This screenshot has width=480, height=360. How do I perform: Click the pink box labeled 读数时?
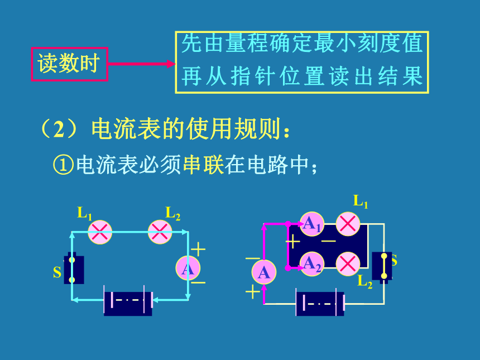pyautogui.click(x=70, y=64)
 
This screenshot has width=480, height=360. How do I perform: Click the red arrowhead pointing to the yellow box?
pyautogui.click(x=171, y=64)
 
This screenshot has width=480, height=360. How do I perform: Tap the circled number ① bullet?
pyautogui.click(x=64, y=165)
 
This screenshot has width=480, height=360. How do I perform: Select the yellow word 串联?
pyautogui.click(x=203, y=165)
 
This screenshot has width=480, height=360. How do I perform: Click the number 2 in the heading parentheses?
pyautogui.click(x=59, y=129)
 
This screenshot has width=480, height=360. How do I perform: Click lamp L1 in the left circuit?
pyautogui.click(x=100, y=232)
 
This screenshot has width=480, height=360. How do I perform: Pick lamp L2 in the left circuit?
pyautogui.click(x=160, y=232)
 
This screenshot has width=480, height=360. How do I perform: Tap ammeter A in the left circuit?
pyautogui.click(x=188, y=268)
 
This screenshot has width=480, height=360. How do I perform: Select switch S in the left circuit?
pyautogui.click(x=74, y=270)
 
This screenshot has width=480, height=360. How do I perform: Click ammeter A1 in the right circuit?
pyautogui.click(x=311, y=224)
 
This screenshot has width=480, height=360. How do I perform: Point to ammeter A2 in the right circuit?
pyautogui.click(x=311, y=264)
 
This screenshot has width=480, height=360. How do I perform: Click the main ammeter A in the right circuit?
pyautogui.click(x=264, y=272)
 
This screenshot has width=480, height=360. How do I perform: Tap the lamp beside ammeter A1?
pyautogui.click(x=348, y=224)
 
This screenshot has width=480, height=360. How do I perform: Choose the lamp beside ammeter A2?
pyautogui.click(x=348, y=264)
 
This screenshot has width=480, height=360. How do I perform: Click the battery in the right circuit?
pyautogui.click(x=320, y=303)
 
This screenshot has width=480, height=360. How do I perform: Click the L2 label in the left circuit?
pyautogui.click(x=172, y=213)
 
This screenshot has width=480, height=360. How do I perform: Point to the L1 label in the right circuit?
pyautogui.click(x=361, y=201)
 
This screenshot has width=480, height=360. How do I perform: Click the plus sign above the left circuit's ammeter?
pyautogui.click(x=198, y=249)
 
